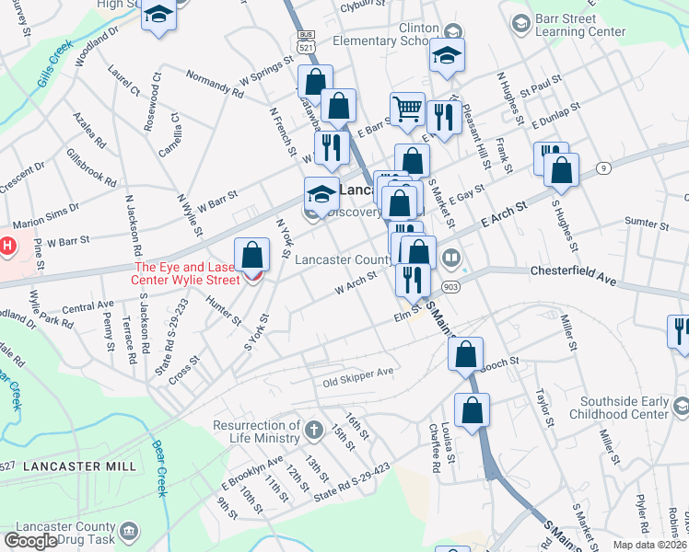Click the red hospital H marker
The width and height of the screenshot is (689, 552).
(x=7, y=247)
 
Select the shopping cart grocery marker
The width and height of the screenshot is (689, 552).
(x=406, y=109)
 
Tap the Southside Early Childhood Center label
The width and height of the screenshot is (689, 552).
(x=625, y=408)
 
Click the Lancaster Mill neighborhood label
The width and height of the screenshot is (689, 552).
(x=79, y=466)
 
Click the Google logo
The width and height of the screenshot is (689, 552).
(x=30, y=541)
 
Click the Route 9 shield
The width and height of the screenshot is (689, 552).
(x=602, y=167)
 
